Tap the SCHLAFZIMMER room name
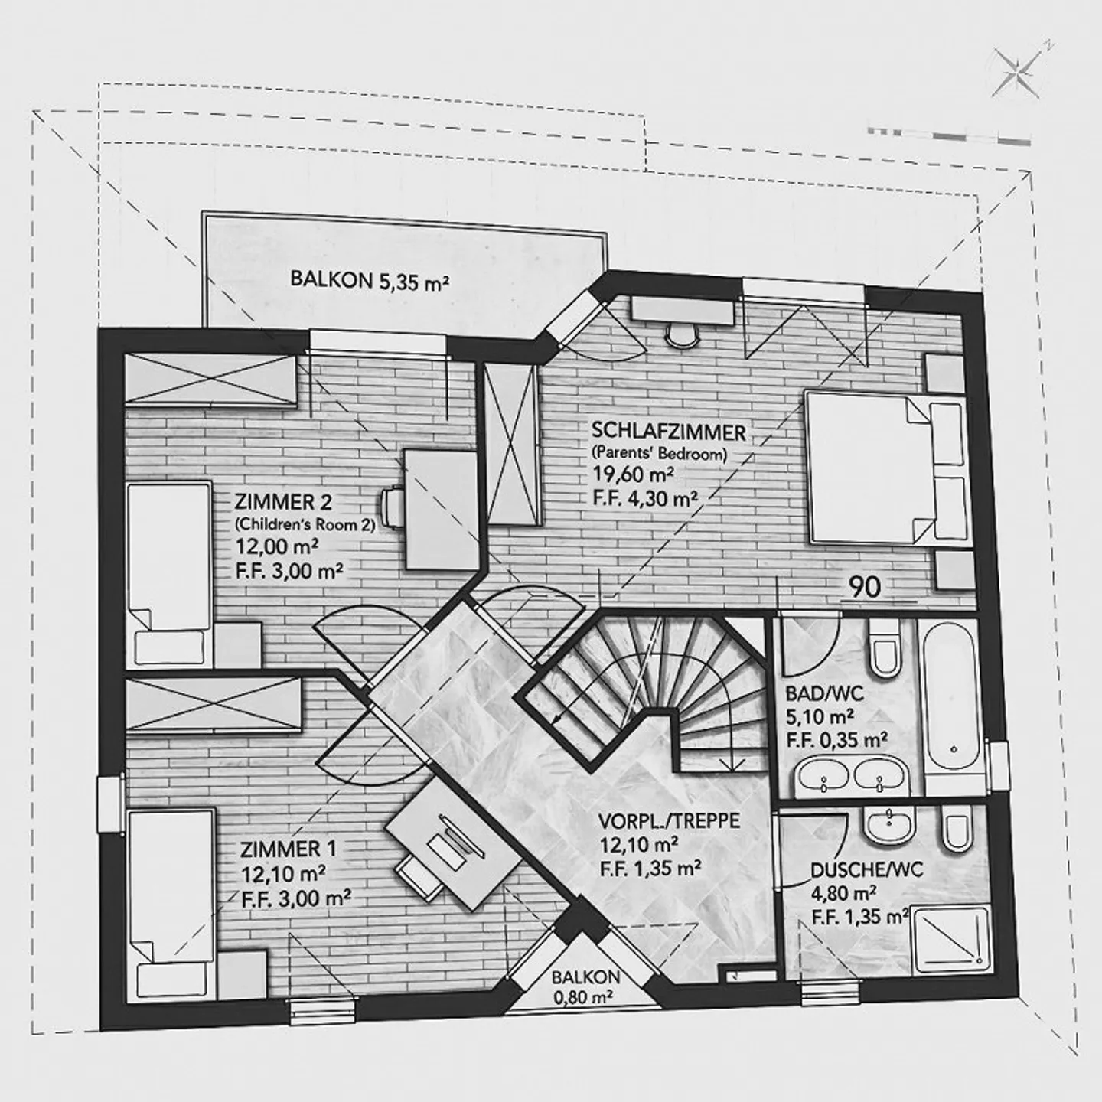668,432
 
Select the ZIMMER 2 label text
283,503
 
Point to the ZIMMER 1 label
288,849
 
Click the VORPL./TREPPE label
668,821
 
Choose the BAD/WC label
825,694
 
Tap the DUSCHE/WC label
866,869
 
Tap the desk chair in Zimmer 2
392,507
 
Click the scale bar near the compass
949,133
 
